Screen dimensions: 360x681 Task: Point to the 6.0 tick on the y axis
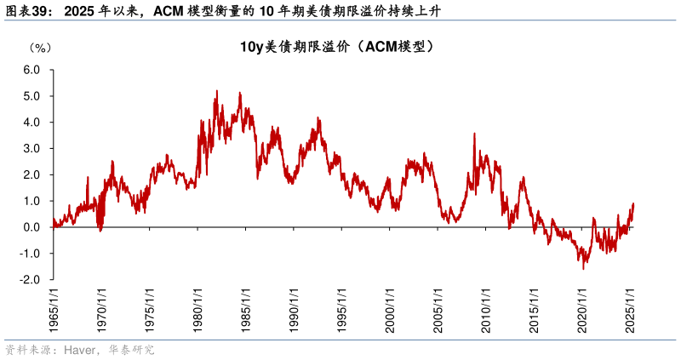coord(31,70)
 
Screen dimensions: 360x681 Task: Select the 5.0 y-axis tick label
coord(31,96)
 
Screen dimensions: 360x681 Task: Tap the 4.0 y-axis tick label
coord(31,123)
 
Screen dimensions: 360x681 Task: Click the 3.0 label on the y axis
coord(31,149)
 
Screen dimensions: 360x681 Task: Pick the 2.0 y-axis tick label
coord(31,175)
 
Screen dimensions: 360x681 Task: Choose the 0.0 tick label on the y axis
coord(31,227)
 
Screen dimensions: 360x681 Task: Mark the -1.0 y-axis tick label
coord(30,254)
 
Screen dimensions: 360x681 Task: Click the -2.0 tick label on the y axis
coord(30,280)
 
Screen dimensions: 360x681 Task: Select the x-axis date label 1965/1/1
coord(53,311)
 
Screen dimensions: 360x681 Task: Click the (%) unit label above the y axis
coord(40,47)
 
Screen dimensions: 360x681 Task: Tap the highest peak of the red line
coord(216,91)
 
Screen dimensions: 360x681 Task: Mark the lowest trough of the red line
coord(584,269)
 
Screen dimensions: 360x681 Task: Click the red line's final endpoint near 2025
coord(634,204)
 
